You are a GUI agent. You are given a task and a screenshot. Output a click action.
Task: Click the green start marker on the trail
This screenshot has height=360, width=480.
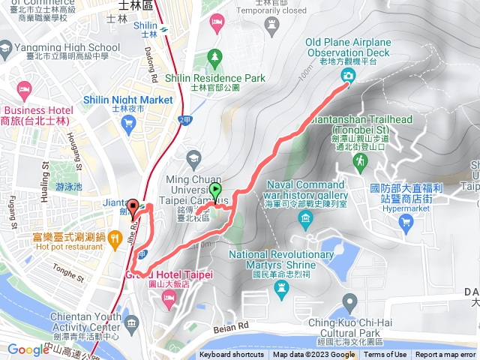tap(216, 192)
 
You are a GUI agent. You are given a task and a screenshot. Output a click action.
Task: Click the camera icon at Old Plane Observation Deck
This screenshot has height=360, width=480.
tap(349, 76)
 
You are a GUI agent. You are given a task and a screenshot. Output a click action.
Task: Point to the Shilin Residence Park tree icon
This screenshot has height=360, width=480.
tap(215, 57)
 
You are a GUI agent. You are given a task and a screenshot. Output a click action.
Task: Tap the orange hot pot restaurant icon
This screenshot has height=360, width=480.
tap(114, 240)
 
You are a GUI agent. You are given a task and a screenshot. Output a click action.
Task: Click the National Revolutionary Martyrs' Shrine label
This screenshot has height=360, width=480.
tap(281, 259)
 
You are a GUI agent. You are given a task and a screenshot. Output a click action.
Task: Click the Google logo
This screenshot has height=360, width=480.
tap(28, 349)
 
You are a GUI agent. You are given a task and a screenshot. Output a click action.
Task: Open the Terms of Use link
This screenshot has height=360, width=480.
tap(385, 355)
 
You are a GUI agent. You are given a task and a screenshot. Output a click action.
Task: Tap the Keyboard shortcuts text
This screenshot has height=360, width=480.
tap(232, 355)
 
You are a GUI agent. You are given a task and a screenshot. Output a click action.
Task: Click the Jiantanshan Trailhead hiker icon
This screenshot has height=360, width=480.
tap(361, 160)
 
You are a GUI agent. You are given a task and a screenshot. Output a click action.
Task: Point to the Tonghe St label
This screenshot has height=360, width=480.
tap(69, 276)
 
